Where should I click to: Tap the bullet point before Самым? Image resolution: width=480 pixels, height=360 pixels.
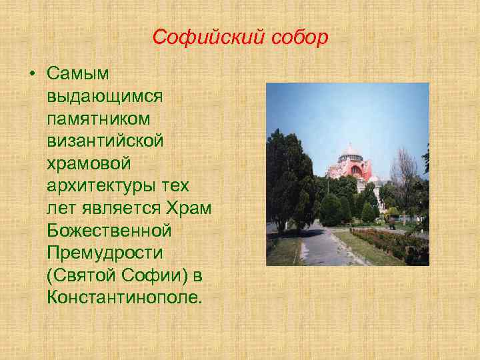click(32, 72)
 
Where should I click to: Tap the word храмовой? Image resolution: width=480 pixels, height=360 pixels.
click(84, 164)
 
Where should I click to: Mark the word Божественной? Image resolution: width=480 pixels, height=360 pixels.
click(109, 231)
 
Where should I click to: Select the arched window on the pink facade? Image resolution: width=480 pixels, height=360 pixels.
click(357, 170)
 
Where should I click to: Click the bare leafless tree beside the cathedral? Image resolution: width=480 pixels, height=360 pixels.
click(403, 170)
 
